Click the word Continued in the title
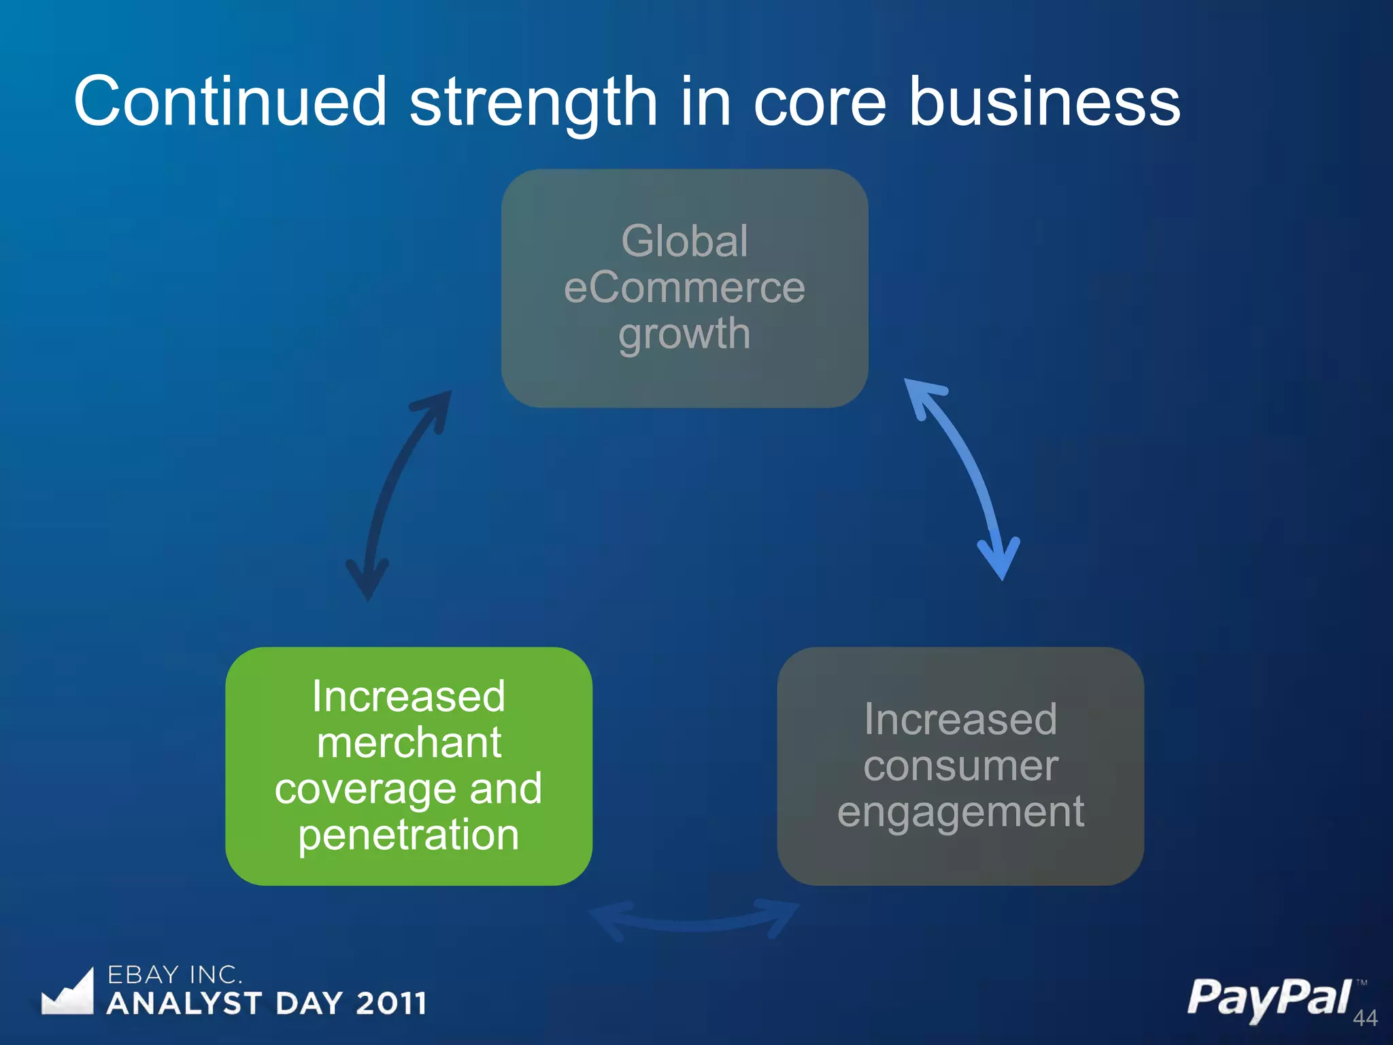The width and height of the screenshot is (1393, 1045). coord(230,102)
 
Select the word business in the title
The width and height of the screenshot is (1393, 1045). coord(1044,102)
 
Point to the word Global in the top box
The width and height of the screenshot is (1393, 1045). coord(684,241)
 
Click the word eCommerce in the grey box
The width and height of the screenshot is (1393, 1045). coord(684,287)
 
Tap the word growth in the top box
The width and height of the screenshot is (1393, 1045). coord(684,335)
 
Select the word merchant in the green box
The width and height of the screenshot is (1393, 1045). coord(409,742)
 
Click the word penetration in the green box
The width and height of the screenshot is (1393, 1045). coord(409,835)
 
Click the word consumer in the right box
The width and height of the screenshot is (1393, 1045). coord(960,766)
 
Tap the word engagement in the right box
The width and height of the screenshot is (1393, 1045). coord(960,812)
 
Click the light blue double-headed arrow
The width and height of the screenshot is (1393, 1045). coord(966,476)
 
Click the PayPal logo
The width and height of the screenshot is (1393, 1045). coord(1269,997)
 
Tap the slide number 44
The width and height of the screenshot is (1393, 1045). coord(1364,1018)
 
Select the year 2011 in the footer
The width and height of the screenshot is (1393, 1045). coord(391,1003)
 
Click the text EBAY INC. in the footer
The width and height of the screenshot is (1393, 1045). coord(175,975)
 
